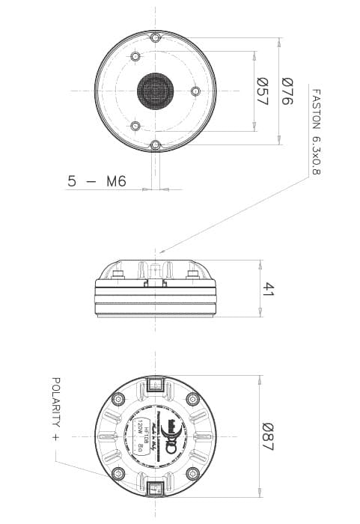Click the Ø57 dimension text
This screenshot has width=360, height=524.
click(262, 91)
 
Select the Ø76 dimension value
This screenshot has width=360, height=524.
click(287, 91)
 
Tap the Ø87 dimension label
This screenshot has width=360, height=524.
click(267, 436)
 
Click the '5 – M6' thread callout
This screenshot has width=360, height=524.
click(98, 180)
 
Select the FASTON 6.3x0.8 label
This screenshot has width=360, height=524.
click(315, 132)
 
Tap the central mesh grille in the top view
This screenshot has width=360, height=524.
click(155, 91)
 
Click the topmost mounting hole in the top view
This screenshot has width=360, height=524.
click(155, 37)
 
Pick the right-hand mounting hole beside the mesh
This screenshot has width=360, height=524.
click(195, 91)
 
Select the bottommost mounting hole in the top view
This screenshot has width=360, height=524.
click(155, 144)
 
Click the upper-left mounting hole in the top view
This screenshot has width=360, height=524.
click(135, 57)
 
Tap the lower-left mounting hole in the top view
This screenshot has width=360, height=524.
click(135, 125)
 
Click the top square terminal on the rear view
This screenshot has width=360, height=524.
click(155, 385)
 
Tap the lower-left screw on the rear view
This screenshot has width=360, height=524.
click(118, 473)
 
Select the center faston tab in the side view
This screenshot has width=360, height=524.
click(155, 272)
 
